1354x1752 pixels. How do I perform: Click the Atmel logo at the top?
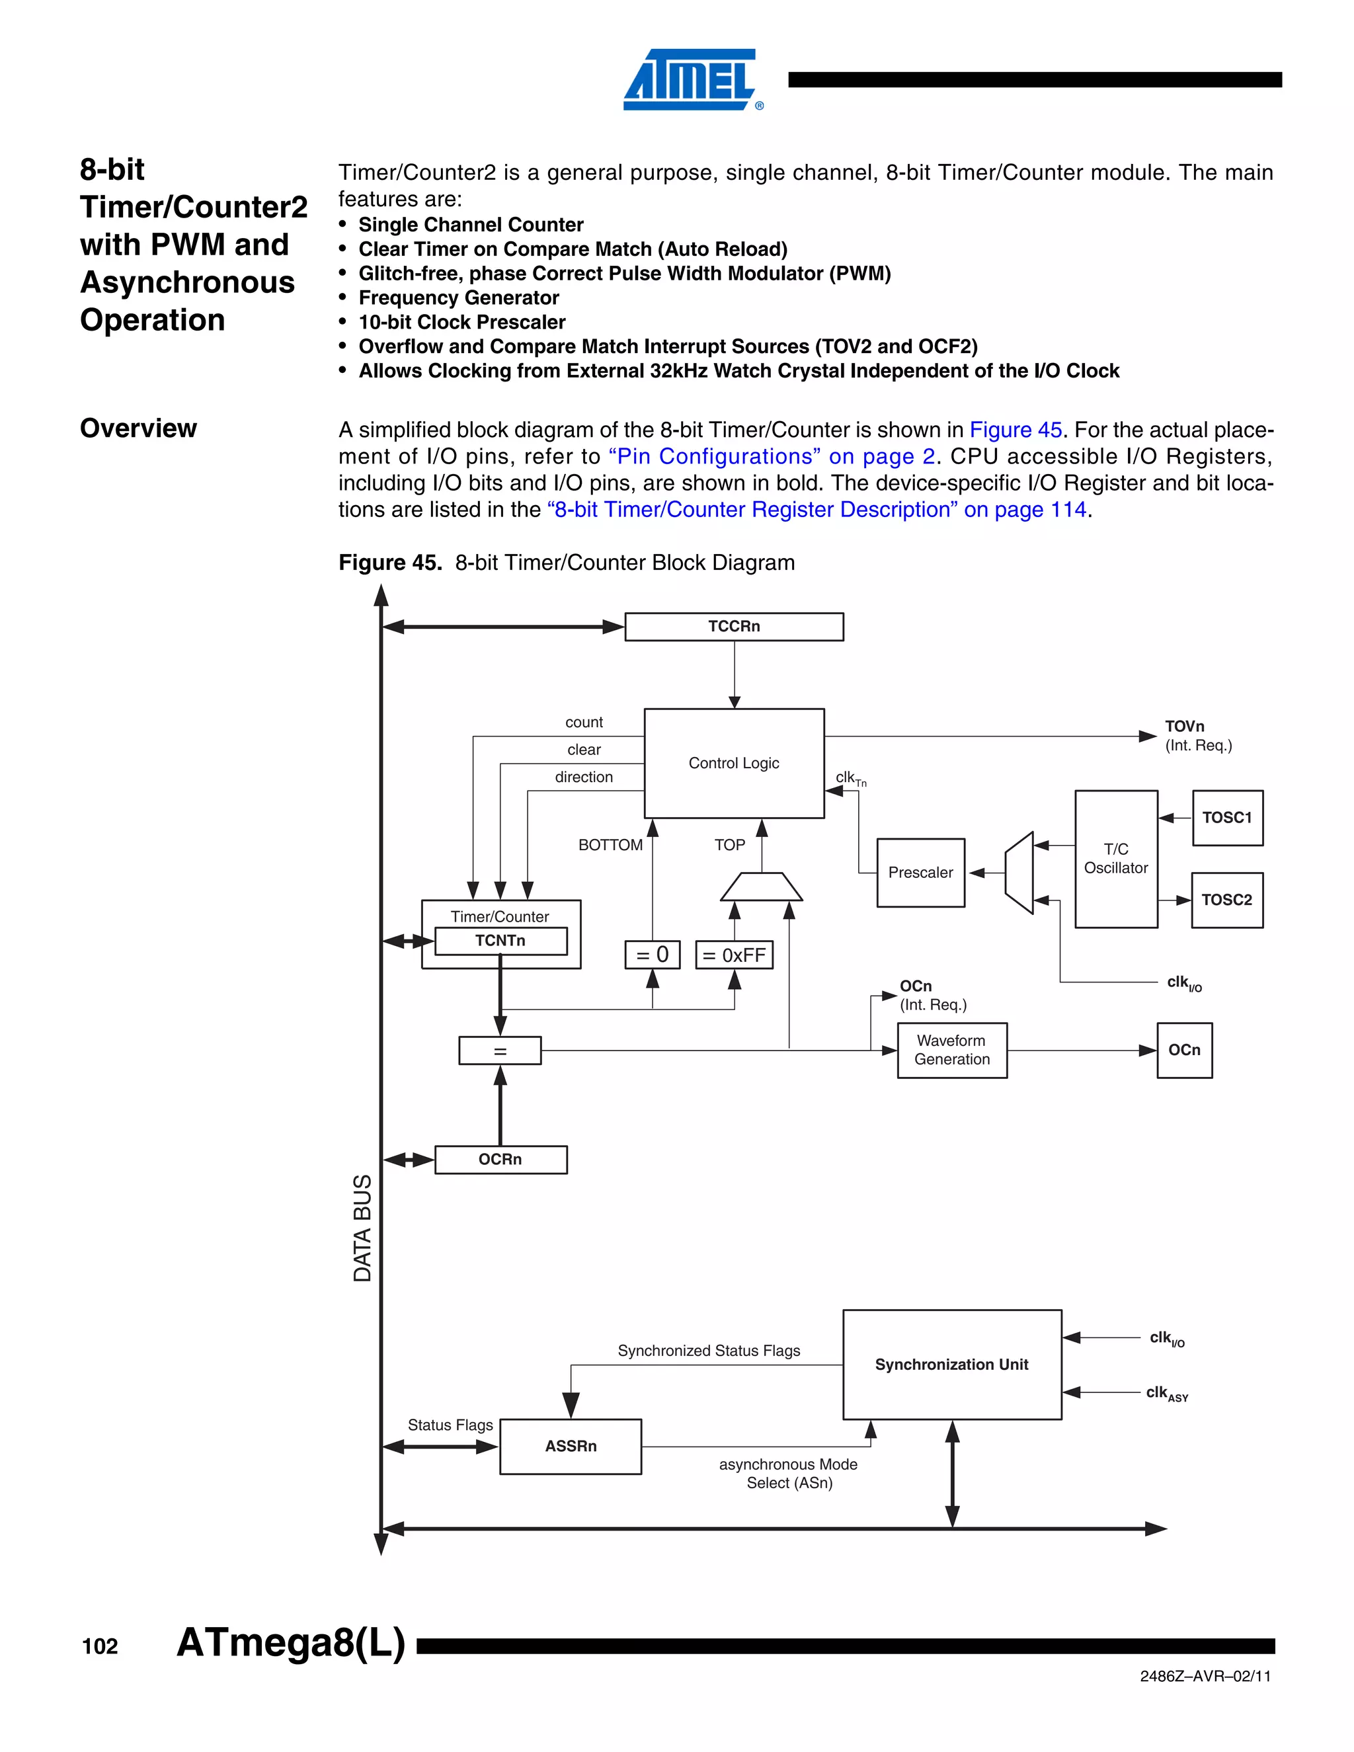pos(692,79)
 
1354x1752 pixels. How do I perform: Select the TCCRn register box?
pos(733,627)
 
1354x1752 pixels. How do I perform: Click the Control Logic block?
pos(733,763)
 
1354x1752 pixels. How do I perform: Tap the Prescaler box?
pos(920,873)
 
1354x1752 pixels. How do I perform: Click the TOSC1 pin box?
pos(1226,817)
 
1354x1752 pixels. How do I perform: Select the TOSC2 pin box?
pos(1226,900)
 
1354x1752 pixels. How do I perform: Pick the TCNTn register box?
pos(500,940)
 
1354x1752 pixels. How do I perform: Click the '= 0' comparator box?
pos(652,955)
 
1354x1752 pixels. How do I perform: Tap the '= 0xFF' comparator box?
pos(733,955)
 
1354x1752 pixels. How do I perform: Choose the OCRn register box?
pos(500,1159)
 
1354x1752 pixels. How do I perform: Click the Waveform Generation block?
pos(951,1050)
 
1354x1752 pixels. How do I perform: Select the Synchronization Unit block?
pos(951,1365)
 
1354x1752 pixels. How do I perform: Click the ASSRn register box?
pos(571,1447)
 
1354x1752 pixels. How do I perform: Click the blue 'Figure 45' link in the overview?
pos(1015,430)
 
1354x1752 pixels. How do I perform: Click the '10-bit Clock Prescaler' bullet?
pos(461,323)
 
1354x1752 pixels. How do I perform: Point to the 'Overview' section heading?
pos(138,428)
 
